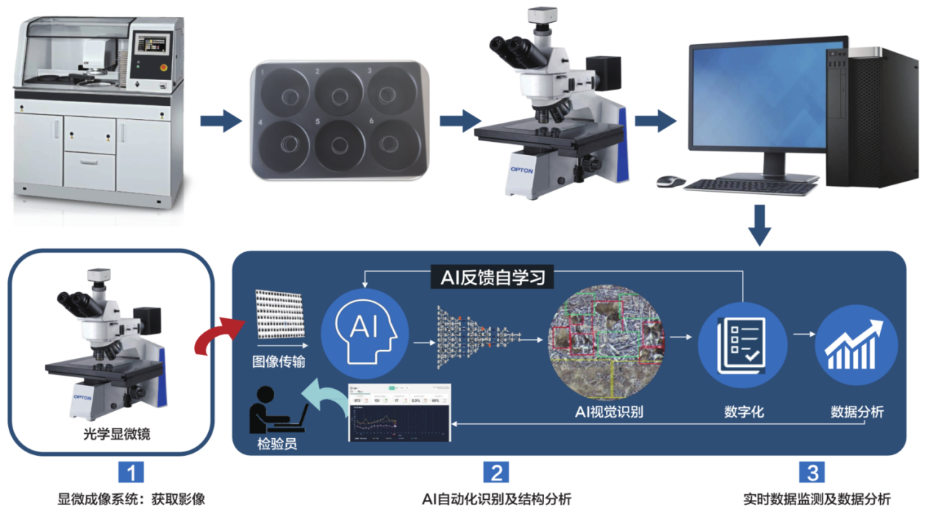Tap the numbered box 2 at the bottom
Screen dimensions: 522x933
[x=496, y=472]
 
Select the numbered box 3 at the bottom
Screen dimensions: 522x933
[x=812, y=472]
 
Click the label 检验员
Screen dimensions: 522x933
[x=277, y=444]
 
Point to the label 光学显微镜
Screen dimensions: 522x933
[x=111, y=434]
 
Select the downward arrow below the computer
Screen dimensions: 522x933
[x=761, y=226]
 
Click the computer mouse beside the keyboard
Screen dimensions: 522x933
[x=670, y=181]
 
